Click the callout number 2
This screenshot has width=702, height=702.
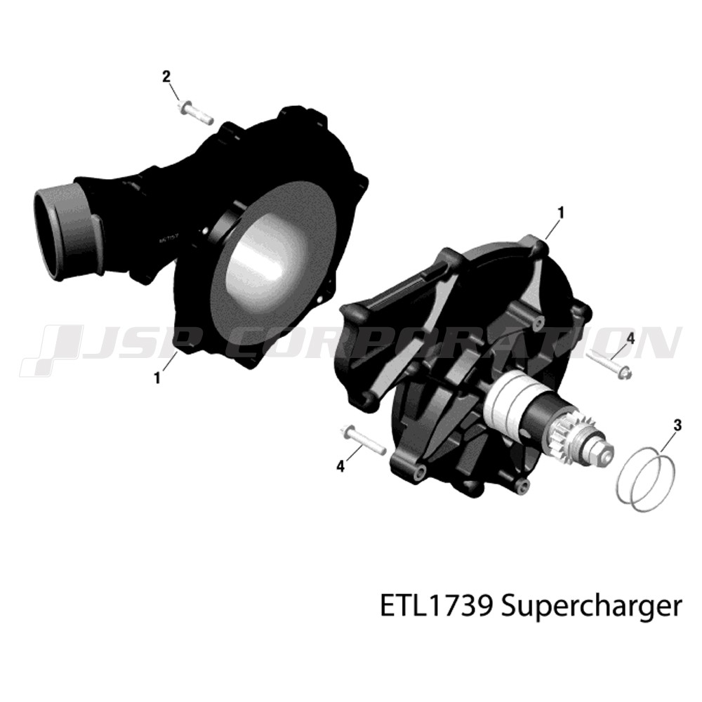(x=166, y=77)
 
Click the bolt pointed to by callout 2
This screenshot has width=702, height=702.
(x=195, y=113)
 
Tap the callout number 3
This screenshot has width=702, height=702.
(x=677, y=425)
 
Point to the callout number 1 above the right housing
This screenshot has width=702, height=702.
(x=560, y=213)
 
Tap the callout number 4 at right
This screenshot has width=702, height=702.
(x=630, y=338)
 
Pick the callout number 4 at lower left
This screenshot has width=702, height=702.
(x=340, y=467)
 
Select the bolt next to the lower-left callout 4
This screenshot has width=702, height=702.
(x=363, y=440)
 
